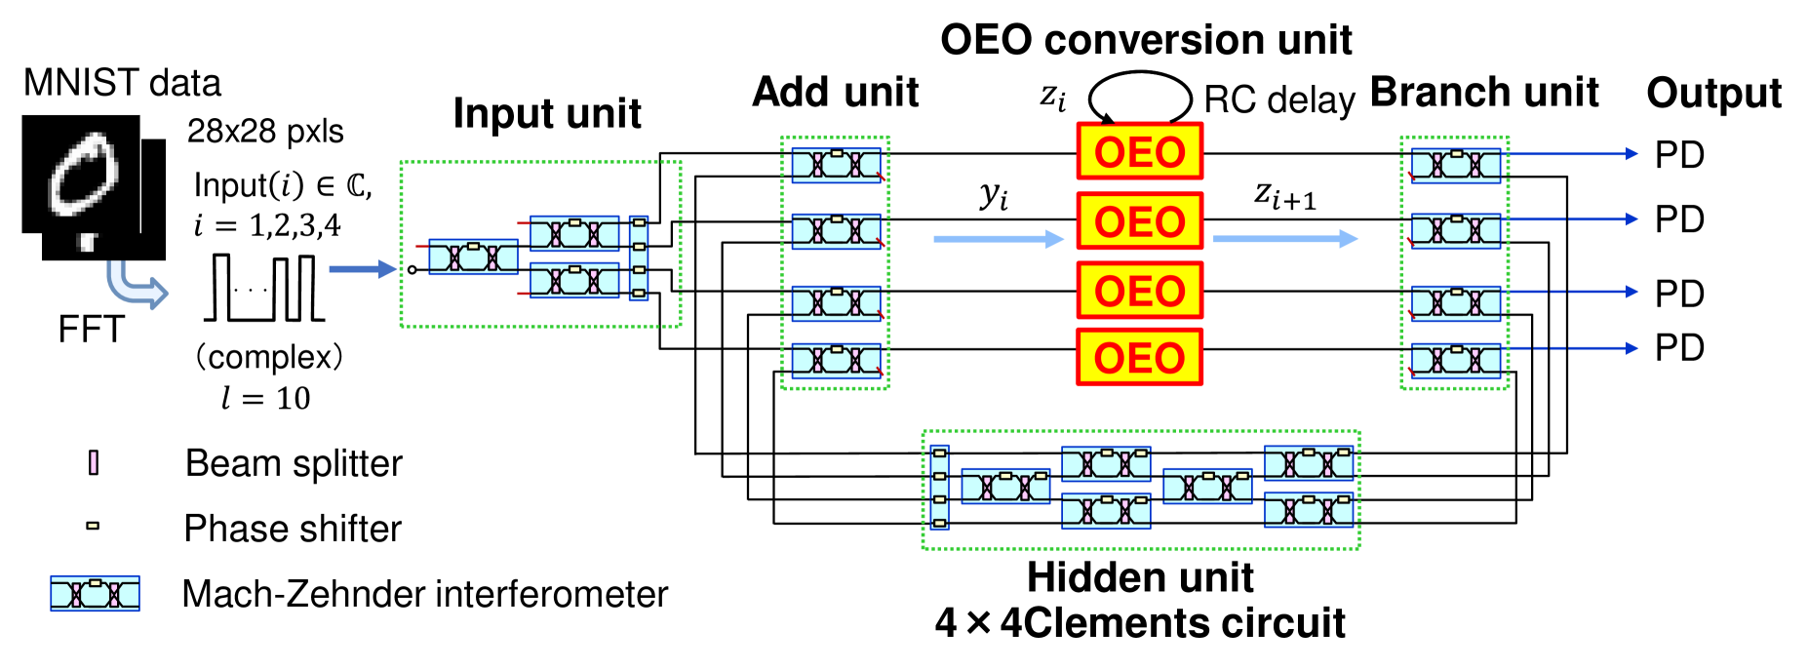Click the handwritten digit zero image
(x=83, y=175)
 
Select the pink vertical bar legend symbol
(x=94, y=462)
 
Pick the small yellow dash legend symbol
(x=93, y=526)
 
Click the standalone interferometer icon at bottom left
(x=95, y=593)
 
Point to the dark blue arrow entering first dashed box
(x=362, y=269)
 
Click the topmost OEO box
(x=1139, y=152)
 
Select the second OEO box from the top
(x=1139, y=221)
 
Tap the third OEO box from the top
(x=1139, y=291)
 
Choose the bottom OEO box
(x=1139, y=358)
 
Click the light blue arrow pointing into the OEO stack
(x=998, y=239)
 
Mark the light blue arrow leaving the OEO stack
(x=1284, y=239)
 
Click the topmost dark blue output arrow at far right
(x=1570, y=153)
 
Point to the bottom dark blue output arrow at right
(x=1570, y=348)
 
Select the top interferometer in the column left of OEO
(x=836, y=165)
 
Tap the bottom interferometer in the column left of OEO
(x=836, y=361)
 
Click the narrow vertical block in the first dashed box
(x=639, y=257)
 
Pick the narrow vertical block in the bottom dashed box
(x=939, y=487)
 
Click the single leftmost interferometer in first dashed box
(x=473, y=257)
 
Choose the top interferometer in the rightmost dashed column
(x=1455, y=165)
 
